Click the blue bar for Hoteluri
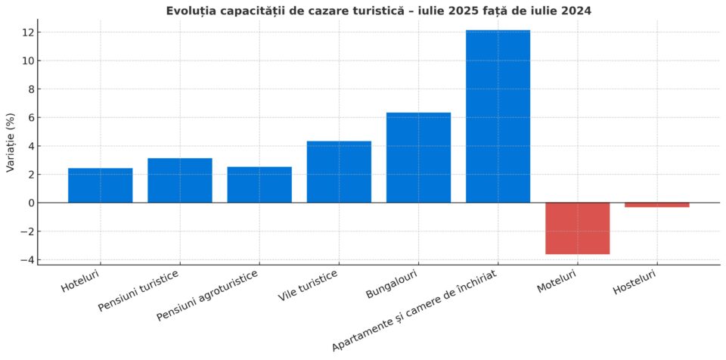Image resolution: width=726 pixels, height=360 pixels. (x=100, y=185)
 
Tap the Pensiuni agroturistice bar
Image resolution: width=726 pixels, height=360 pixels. (x=259, y=185)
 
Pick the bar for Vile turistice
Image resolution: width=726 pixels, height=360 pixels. (x=339, y=172)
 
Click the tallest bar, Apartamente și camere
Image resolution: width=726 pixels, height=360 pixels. (x=498, y=116)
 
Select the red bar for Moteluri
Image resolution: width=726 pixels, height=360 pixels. (x=577, y=228)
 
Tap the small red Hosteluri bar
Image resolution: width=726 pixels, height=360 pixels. (x=656, y=205)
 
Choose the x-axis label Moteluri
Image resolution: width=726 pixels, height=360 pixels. (x=557, y=279)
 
